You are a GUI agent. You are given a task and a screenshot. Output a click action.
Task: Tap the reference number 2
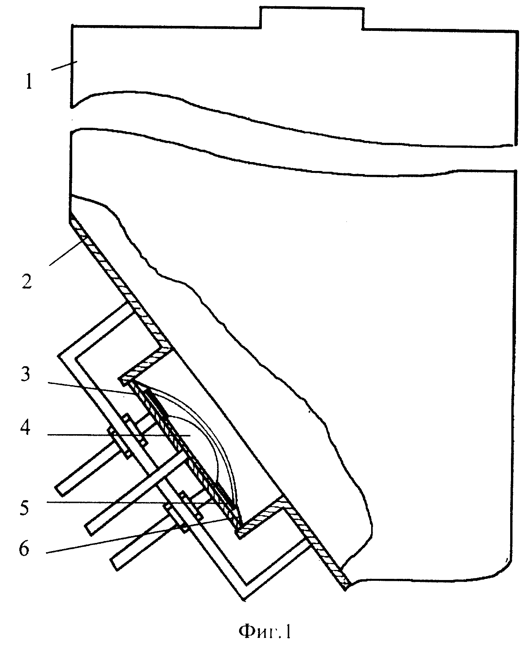click(x=27, y=282)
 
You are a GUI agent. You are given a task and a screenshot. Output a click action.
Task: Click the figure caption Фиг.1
click(x=265, y=632)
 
